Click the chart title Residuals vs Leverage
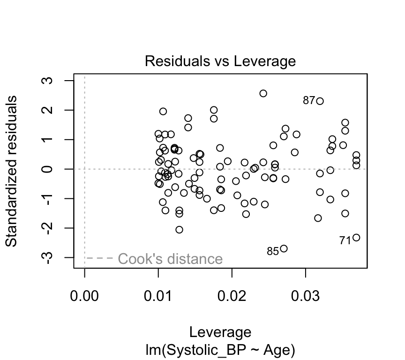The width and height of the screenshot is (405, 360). pos(220,61)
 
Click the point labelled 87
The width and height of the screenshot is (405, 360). pos(320,101)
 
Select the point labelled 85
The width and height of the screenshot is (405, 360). pos(284,248)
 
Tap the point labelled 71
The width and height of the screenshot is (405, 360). pos(356,238)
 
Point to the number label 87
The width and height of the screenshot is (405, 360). pos(309,100)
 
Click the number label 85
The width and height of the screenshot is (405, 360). pos(273,252)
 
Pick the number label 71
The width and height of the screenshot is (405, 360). pos(345,240)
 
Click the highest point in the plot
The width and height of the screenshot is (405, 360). pos(263,93)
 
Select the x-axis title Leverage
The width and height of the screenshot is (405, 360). pos(220,332)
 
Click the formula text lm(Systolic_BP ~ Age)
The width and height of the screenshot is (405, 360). pos(220,350)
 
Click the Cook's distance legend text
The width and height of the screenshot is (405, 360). pos(170,259)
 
